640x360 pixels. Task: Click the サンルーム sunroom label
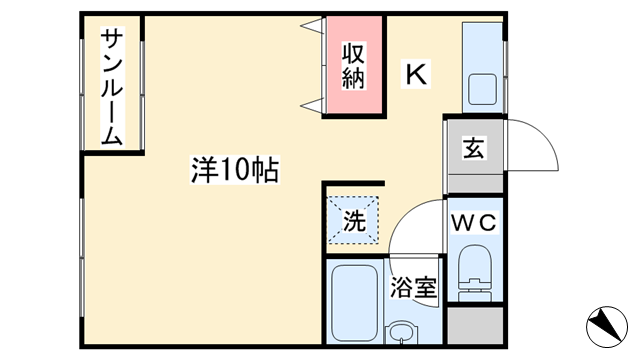(112, 88)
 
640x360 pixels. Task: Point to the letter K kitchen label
(416, 73)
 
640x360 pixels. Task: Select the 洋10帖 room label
(236, 170)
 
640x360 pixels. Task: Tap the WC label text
(474, 222)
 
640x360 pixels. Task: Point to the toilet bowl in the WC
(474, 272)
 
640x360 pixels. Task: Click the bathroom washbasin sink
(401, 332)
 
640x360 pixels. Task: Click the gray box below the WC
(474, 326)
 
